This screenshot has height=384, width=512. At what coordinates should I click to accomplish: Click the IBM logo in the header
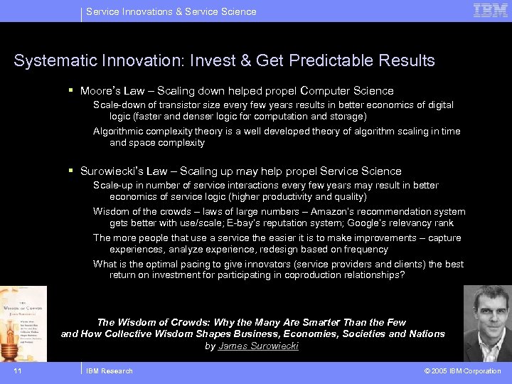491,11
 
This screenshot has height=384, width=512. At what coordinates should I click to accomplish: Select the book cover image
23,324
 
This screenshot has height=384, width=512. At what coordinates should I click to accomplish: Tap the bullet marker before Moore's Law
72,90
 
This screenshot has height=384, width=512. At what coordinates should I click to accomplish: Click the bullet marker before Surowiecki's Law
72,171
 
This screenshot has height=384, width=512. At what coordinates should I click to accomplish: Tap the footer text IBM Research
109,370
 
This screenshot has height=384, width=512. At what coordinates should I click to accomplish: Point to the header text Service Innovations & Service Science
171,11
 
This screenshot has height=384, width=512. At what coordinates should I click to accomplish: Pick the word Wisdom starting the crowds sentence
111,211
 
